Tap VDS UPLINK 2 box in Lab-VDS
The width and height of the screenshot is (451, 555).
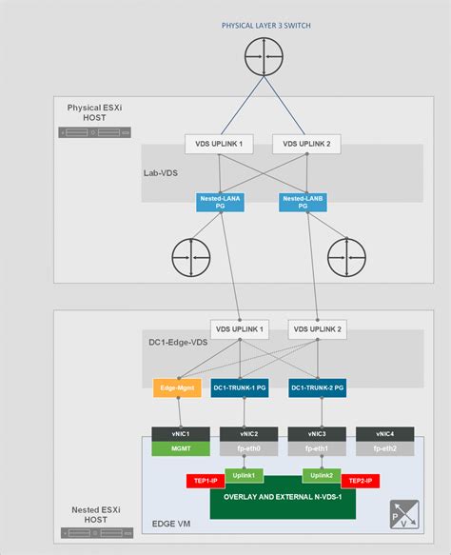click(304, 144)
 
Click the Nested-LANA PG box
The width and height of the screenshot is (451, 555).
click(218, 202)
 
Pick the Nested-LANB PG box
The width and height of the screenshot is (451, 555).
click(302, 202)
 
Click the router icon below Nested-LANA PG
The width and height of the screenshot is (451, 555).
click(191, 257)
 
